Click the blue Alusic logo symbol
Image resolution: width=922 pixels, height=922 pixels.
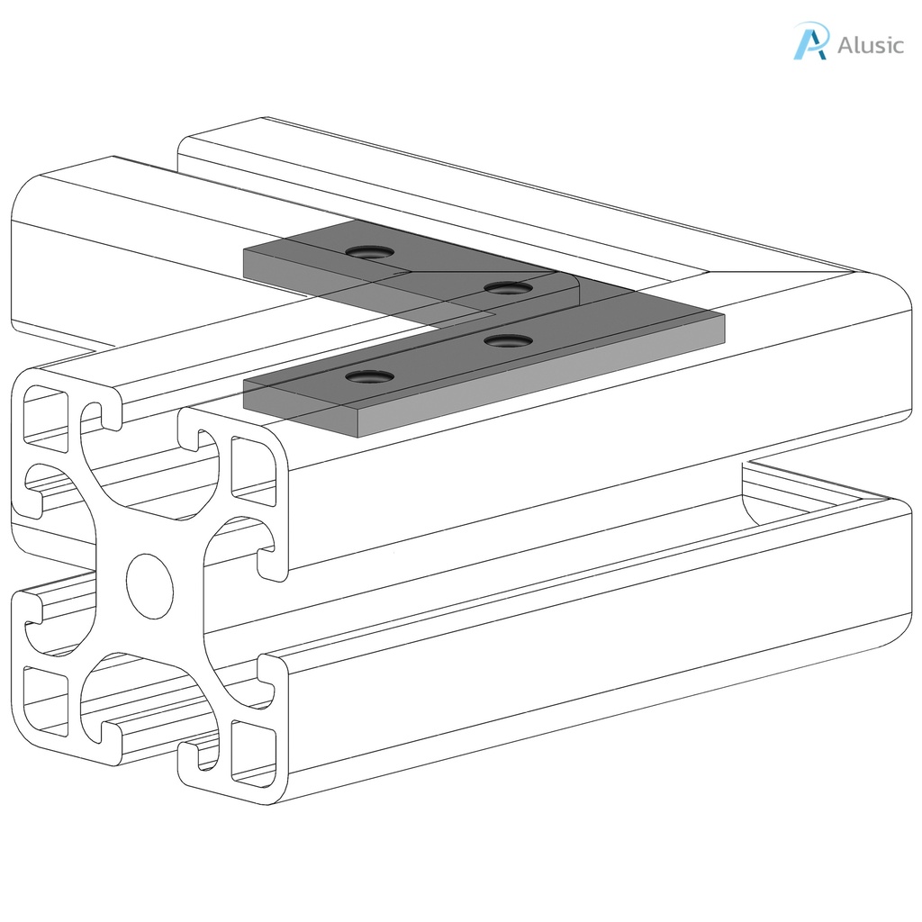809,42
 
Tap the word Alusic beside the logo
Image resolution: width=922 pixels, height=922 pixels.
870,45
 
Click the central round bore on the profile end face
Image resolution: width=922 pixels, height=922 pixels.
149,585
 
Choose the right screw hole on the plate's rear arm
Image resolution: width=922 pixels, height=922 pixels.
507,288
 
